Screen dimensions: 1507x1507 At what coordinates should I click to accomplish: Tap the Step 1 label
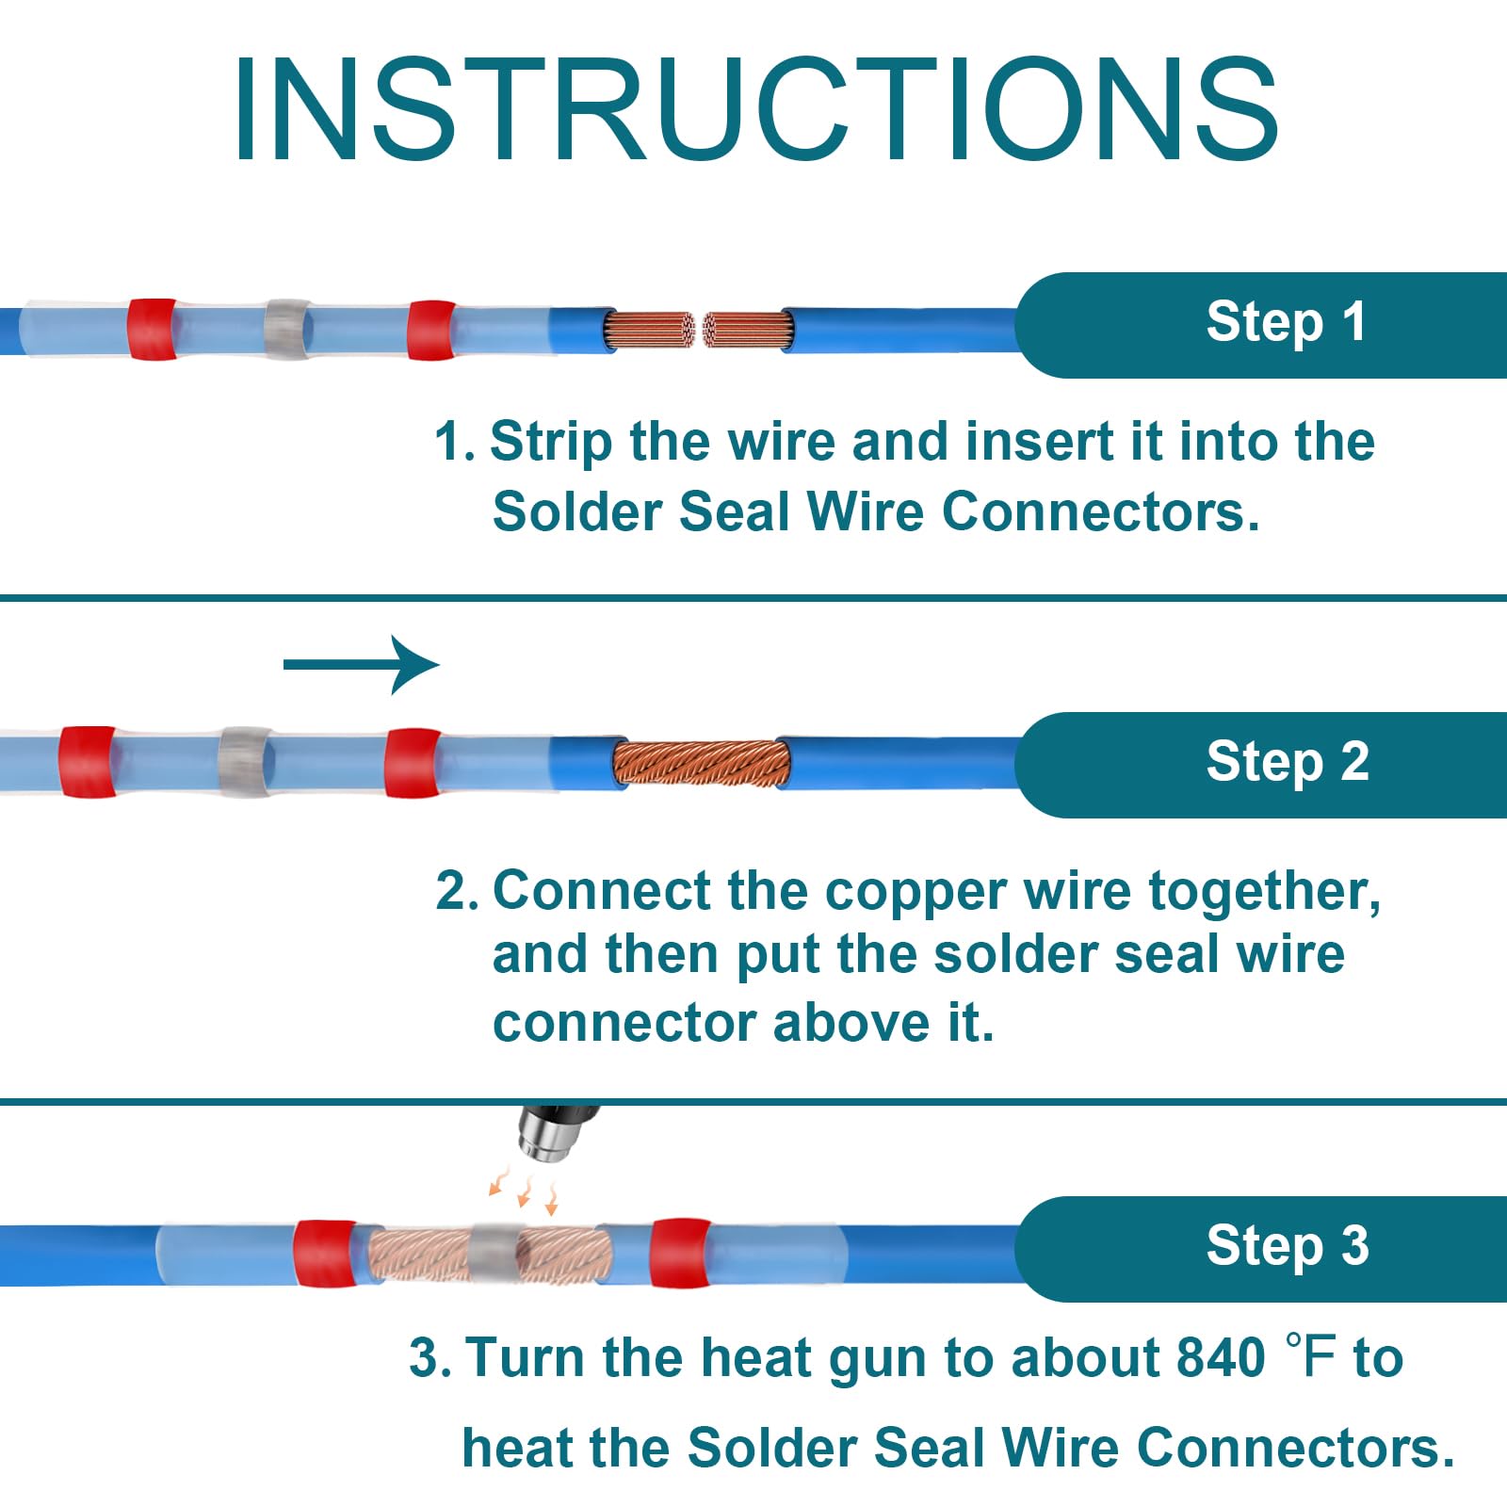tap(1286, 322)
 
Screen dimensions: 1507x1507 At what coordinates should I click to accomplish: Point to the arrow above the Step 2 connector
tap(362, 665)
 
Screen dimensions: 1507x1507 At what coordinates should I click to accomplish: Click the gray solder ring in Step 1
tap(287, 330)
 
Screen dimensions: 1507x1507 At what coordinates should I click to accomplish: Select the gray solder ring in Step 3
tap(494, 1253)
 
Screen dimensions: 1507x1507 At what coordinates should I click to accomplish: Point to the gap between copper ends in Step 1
tap(699, 331)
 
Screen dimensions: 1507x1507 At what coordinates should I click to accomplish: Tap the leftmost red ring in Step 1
tap(152, 330)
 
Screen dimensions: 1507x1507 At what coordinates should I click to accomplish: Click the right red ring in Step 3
tap(680, 1253)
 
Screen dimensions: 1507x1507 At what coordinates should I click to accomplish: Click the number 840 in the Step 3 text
tap(1221, 1358)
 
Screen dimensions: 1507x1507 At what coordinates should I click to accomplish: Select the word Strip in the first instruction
tap(550, 442)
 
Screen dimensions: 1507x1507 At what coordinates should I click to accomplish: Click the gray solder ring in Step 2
tap(245, 763)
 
